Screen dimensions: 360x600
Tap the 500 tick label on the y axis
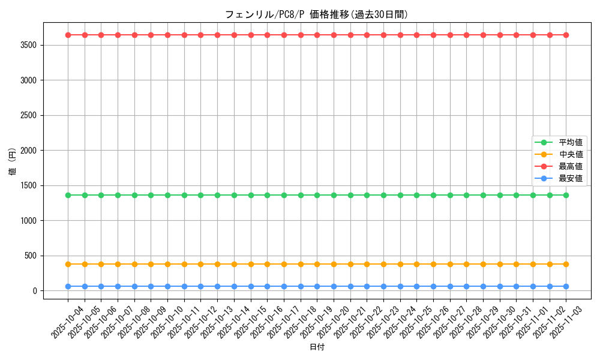tap(31, 256)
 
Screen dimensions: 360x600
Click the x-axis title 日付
tap(317, 347)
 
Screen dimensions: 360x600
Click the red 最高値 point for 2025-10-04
tap(68, 35)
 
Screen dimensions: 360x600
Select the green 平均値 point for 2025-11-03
tap(566, 195)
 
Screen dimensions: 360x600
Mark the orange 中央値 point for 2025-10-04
tap(68, 264)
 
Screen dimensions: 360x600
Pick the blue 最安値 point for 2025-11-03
tap(566, 286)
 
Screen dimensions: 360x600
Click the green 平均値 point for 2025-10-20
tap(334, 195)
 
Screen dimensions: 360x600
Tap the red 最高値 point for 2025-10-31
tap(516, 35)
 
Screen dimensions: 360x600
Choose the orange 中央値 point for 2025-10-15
tap(251, 264)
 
